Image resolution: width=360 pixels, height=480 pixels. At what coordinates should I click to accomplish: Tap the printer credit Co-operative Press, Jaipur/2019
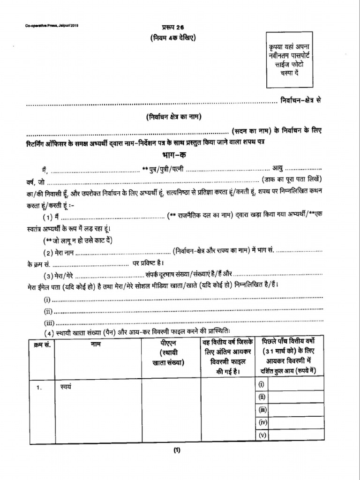point(52,26)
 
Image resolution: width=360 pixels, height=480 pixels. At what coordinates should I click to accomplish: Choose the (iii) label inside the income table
point(262,410)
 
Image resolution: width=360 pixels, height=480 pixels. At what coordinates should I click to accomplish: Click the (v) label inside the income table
point(262,435)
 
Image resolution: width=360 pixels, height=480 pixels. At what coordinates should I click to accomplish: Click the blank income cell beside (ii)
point(296,397)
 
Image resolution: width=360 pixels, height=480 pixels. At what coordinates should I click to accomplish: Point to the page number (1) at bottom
point(177,451)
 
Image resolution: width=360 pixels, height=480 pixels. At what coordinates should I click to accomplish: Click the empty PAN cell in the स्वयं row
point(171,410)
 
